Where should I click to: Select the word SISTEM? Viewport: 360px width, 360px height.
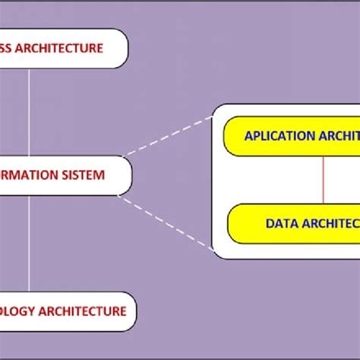(84, 175)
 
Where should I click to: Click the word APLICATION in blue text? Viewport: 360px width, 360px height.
(279, 137)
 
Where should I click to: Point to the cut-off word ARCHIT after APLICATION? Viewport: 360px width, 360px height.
(339, 137)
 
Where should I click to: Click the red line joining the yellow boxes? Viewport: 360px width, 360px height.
(324, 180)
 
